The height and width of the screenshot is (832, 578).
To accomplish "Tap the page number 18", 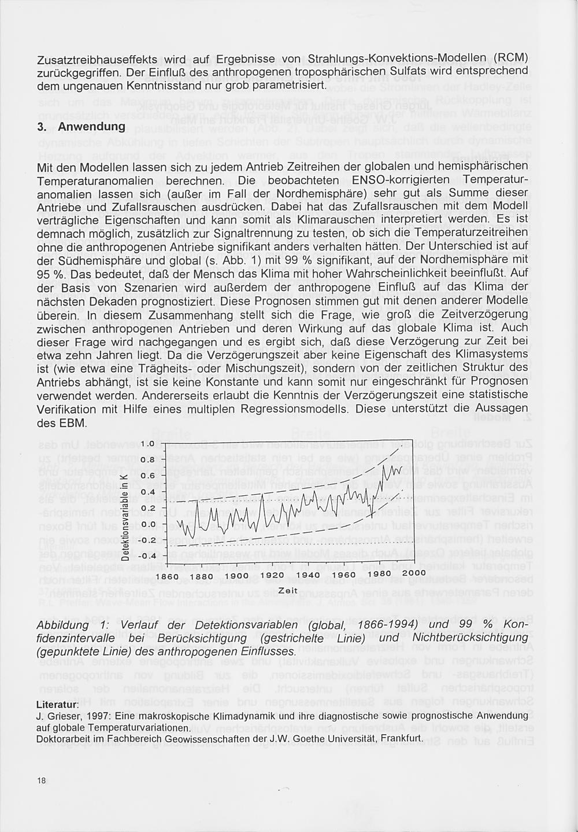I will [x=41, y=781].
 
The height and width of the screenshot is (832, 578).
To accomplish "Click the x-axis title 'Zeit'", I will [x=288, y=590].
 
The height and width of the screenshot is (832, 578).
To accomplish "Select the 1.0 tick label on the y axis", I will [x=147, y=444].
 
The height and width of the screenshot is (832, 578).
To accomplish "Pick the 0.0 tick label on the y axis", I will [x=147, y=524].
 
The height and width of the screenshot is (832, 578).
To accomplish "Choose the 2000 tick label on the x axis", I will [x=413, y=573].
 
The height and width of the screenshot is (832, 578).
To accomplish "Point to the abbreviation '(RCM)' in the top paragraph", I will [x=510, y=58].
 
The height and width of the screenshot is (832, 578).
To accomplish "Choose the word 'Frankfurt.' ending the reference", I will [x=403, y=739].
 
